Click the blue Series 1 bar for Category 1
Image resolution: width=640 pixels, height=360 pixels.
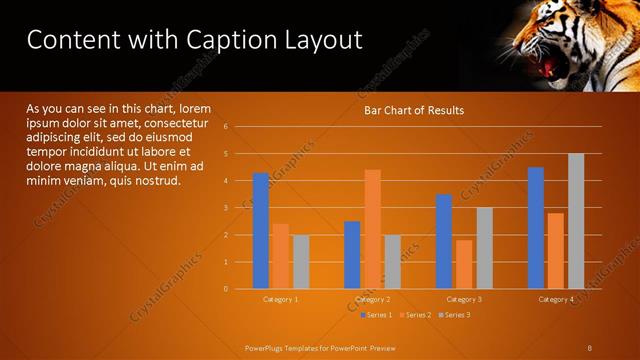[x=261, y=231]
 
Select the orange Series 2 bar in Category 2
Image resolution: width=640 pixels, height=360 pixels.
[x=372, y=229]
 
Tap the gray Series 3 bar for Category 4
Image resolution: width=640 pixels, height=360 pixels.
[x=576, y=221]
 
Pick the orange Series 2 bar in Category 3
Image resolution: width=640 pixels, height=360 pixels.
[x=464, y=264]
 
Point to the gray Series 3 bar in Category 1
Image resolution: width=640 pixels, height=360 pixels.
[x=300, y=262]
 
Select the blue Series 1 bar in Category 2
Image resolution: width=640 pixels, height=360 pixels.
[x=352, y=255]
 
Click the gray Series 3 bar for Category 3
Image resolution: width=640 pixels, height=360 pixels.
[x=484, y=248]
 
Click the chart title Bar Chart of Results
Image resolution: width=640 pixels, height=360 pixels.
[x=413, y=110]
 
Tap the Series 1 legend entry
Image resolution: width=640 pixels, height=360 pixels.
[x=376, y=315]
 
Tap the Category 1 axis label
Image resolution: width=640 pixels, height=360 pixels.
[x=280, y=299]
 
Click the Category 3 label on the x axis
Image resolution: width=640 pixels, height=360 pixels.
[x=464, y=299]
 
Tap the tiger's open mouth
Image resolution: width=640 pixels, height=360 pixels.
[x=549, y=67]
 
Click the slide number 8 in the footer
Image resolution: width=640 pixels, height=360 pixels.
[x=589, y=347]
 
